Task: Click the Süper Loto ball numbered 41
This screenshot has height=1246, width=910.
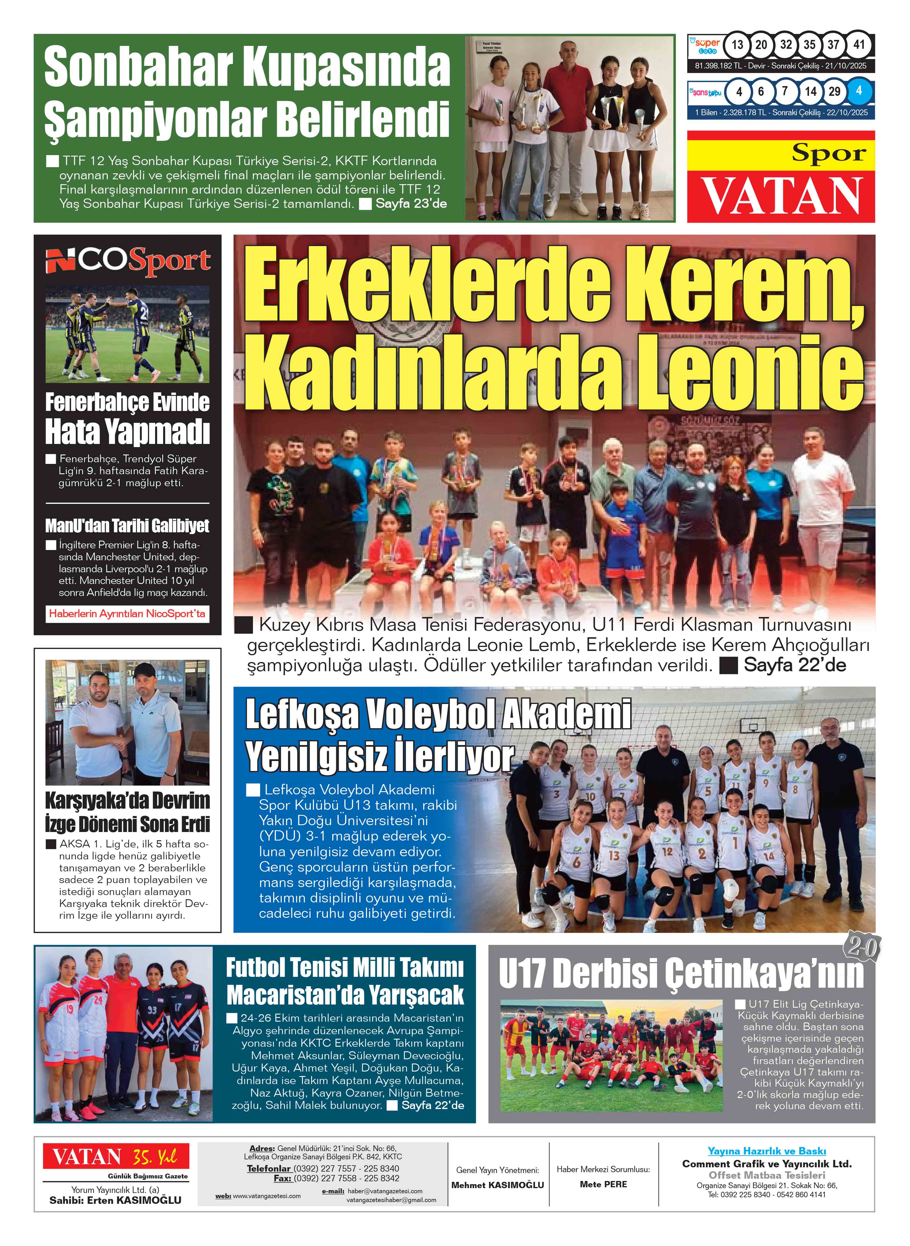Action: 859,45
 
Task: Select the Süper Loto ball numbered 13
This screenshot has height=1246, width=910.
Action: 737,45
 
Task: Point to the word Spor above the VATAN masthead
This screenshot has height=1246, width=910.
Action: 828,153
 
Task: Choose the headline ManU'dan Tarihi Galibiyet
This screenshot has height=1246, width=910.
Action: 127,526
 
